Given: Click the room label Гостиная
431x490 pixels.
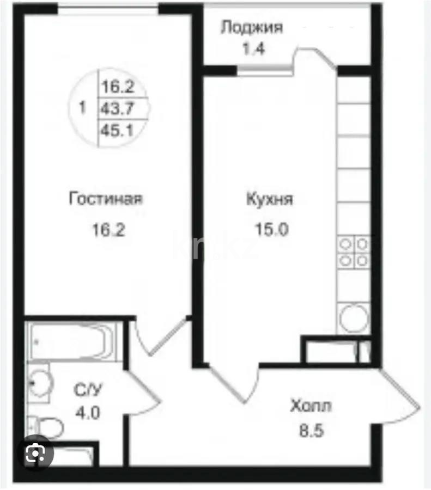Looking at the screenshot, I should tap(106, 199).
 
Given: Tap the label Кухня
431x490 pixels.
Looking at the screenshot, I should tap(270, 199).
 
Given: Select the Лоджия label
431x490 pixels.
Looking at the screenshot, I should tap(252, 27).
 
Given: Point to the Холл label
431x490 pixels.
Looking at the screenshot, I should tap(311, 407).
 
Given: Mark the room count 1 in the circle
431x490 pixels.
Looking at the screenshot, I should tap(82, 108).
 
